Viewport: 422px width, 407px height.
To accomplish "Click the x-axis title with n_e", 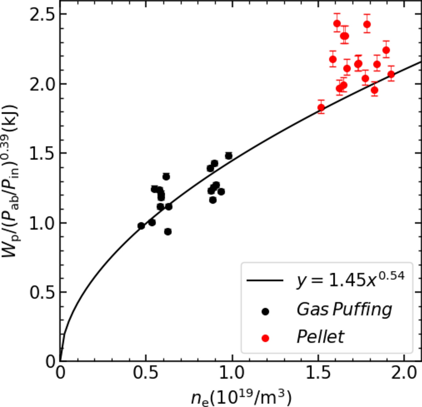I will coord(241,397).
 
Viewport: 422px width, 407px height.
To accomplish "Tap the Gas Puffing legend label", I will coord(344,310).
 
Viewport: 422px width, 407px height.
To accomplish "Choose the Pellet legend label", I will coord(320,336).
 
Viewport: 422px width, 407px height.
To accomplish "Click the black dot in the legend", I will coord(265,311).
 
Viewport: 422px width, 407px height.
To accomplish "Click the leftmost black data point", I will coord(141,226).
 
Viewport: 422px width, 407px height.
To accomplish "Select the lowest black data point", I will coord(168,231).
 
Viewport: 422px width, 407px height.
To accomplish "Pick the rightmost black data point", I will coord(229,156).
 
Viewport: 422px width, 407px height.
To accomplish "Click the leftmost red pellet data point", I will coord(321,108).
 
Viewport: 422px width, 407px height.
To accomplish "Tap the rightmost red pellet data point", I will coord(391,74).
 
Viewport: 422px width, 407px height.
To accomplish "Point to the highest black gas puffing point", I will coord(229,156).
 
